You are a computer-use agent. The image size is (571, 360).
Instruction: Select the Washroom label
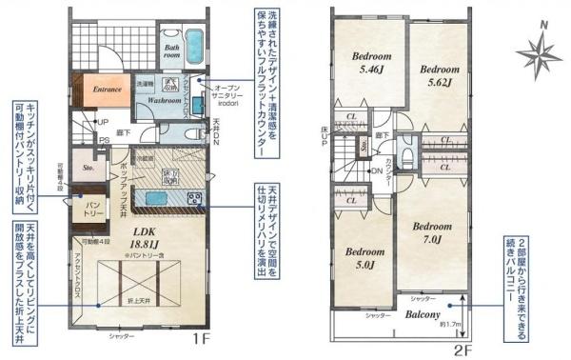165,99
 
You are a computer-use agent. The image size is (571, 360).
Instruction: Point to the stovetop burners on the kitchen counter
195,200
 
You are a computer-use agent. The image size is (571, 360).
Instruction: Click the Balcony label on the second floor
419,312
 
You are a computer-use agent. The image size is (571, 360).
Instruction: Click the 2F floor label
462,349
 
